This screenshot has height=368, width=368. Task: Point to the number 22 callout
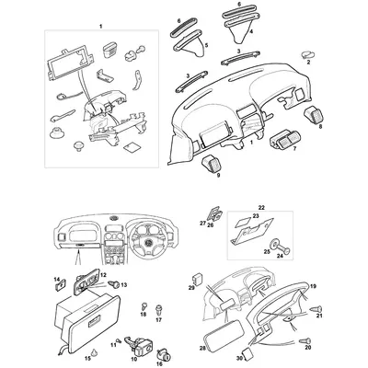260,210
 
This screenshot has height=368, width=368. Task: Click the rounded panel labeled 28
213,339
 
